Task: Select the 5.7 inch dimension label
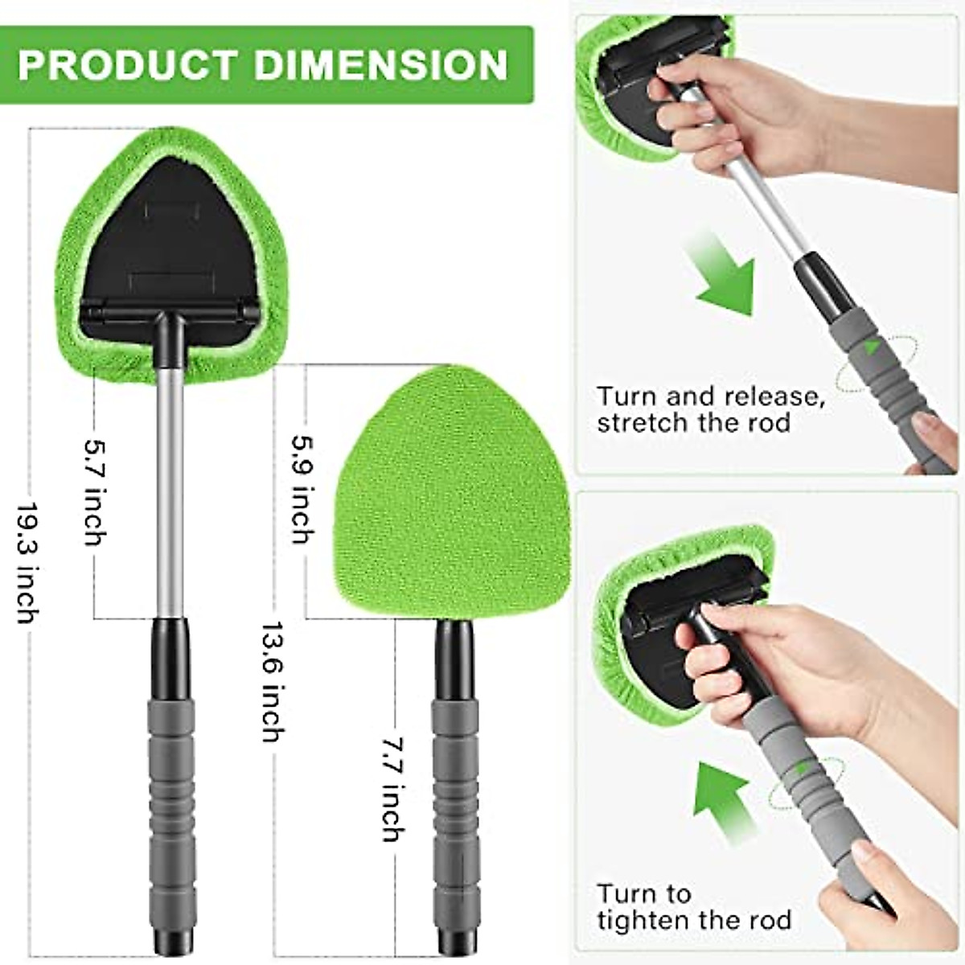click(x=95, y=492)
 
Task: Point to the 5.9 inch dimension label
click(x=301, y=489)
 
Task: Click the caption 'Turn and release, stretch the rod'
click(x=711, y=409)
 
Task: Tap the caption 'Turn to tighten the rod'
click(x=693, y=906)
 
